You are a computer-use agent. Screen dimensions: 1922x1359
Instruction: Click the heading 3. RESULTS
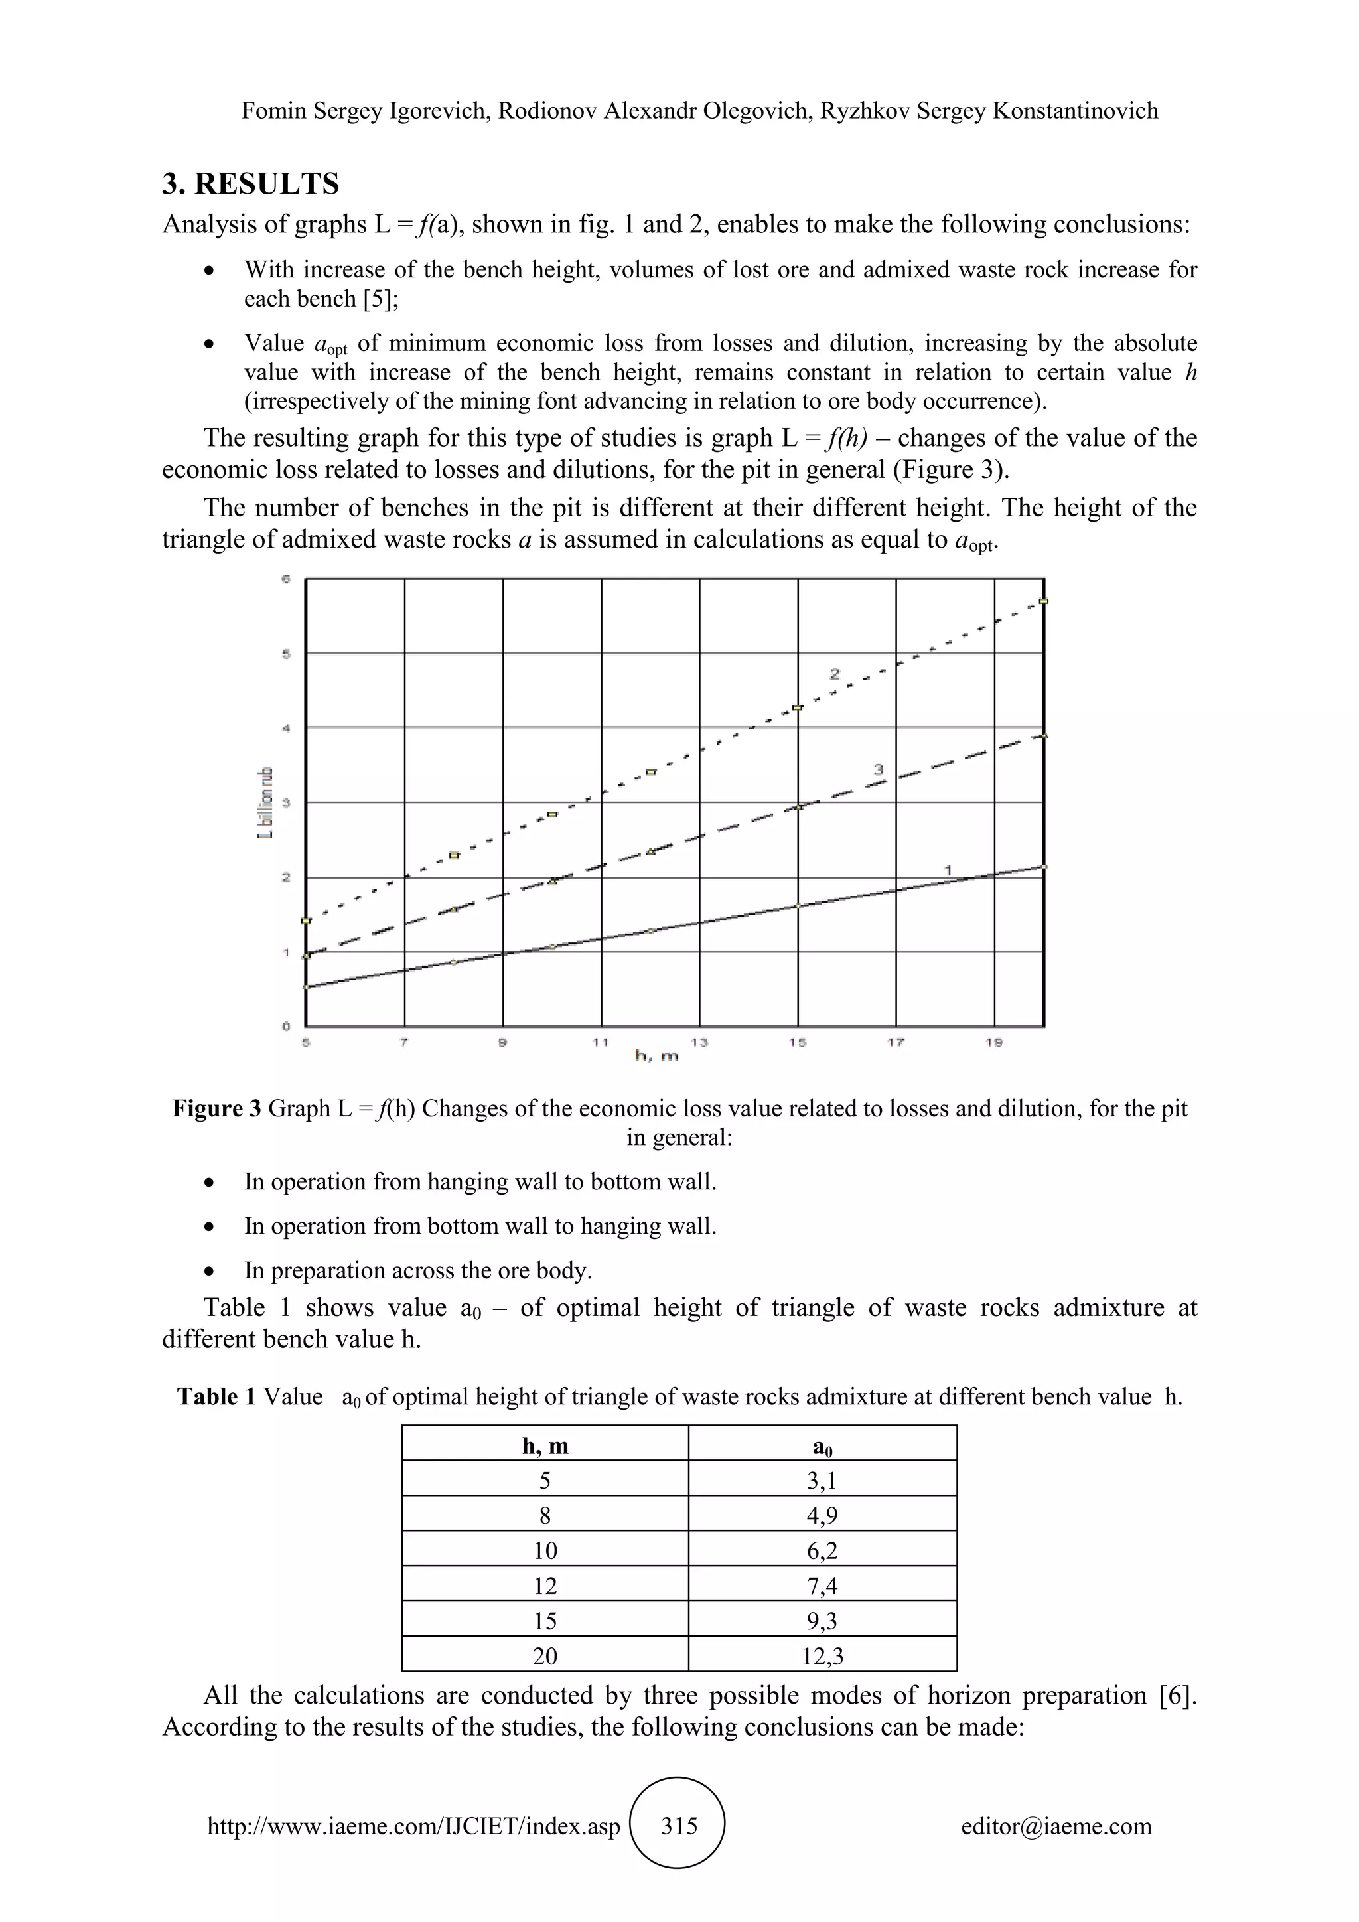pos(250,183)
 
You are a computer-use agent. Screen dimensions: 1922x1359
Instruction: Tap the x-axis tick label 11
pos(600,1042)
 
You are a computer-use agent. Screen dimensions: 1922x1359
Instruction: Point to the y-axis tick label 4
pos(286,727)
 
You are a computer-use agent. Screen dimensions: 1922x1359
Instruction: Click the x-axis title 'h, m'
pos(657,1057)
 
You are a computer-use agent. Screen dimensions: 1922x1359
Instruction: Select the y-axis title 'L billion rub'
pos(266,802)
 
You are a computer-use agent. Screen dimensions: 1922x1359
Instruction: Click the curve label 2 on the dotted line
pos(834,673)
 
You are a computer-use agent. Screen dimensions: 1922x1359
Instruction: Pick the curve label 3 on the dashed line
pos(879,769)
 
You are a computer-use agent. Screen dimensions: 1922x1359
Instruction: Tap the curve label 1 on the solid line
pos(948,871)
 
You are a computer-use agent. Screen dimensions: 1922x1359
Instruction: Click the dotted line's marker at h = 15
pos(798,708)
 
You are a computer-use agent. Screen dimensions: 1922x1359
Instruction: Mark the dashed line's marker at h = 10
pos(552,881)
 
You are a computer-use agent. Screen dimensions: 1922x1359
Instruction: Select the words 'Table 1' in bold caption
pos(216,1396)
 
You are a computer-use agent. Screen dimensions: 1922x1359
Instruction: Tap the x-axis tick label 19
pos(994,1042)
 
